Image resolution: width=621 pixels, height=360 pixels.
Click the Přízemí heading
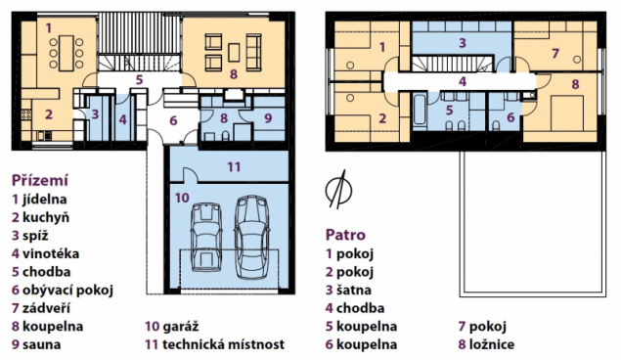[39, 180]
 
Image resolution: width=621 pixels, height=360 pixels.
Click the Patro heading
[345, 235]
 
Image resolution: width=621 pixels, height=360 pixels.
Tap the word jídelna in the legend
[44, 200]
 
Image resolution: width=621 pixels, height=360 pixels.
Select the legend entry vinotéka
[51, 253]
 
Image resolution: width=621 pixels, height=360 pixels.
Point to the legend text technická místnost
[223, 344]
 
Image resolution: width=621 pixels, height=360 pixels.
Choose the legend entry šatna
[354, 290]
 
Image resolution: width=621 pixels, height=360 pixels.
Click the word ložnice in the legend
[492, 344]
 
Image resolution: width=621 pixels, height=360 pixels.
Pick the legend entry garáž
[181, 327]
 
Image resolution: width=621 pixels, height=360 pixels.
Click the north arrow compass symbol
[338, 190]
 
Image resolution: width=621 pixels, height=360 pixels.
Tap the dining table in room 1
[67, 54]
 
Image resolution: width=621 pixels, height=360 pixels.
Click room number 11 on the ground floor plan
[234, 166]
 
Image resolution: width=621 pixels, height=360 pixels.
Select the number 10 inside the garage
[182, 198]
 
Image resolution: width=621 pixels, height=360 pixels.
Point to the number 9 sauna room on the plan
[268, 118]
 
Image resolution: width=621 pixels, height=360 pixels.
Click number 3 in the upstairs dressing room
[463, 43]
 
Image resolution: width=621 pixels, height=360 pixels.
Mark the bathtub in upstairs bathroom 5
[420, 111]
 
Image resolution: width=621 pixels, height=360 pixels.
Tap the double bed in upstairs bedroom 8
[567, 113]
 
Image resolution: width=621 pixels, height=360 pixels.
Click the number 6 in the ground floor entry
[173, 120]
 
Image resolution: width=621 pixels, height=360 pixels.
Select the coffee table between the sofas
[234, 53]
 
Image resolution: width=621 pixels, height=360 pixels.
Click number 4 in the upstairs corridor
[463, 81]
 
